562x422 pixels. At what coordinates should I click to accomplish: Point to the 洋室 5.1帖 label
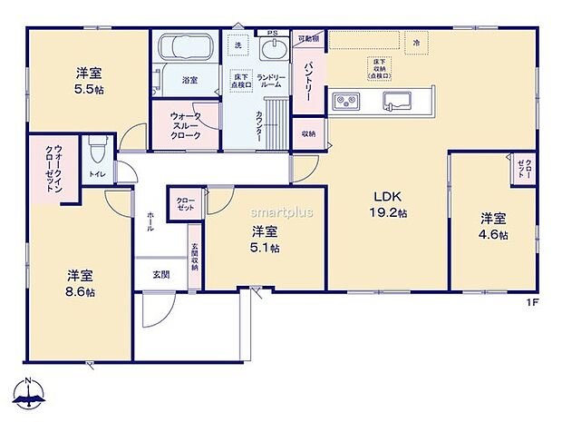click(x=265, y=239)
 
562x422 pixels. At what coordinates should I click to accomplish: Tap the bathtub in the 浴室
click(x=184, y=47)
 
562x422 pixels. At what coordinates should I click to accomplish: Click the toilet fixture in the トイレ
click(x=97, y=149)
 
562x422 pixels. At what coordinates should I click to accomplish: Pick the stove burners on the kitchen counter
click(x=346, y=101)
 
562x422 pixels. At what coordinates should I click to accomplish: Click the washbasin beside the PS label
click(x=271, y=48)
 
